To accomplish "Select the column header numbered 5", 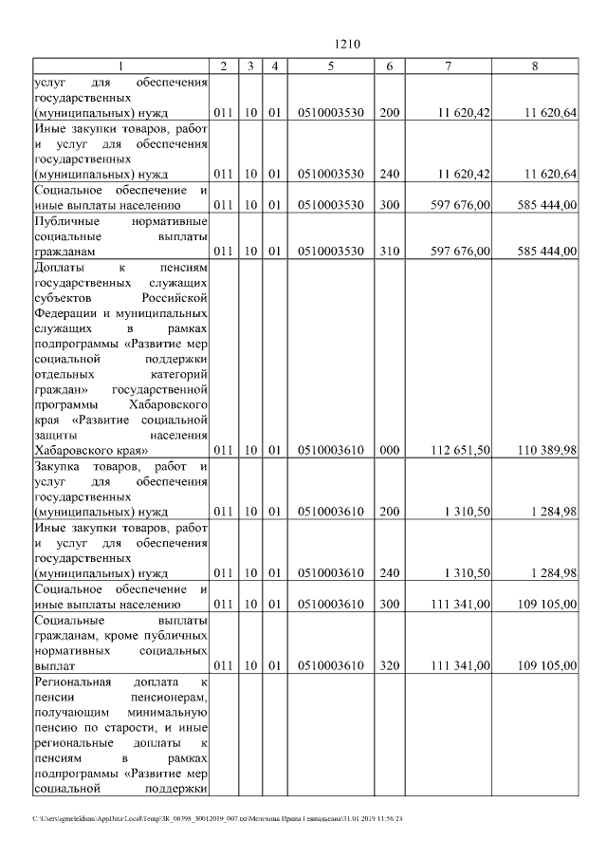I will (x=329, y=65).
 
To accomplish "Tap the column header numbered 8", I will (x=535, y=65).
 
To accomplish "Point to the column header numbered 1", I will (x=120, y=65).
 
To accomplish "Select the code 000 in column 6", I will (x=389, y=449).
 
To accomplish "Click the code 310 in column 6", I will (x=389, y=251).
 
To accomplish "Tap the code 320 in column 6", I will (x=389, y=665).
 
